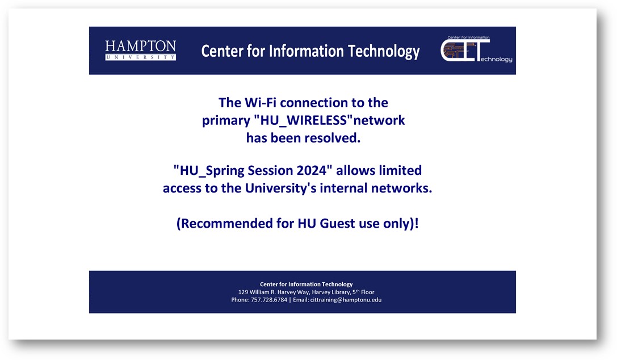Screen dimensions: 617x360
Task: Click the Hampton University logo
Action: [x=140, y=51]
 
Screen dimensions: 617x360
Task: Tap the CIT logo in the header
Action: [x=477, y=49]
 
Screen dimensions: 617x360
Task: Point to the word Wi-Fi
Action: [x=261, y=102]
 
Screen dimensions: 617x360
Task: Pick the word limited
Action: [x=400, y=170]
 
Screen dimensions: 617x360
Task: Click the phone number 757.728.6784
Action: [x=269, y=300]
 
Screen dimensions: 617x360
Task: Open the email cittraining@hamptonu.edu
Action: [x=346, y=300]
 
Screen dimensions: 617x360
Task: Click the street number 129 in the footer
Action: [x=243, y=292]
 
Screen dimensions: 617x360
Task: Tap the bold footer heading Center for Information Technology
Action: [x=306, y=284]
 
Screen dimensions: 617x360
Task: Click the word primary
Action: [x=226, y=120]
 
